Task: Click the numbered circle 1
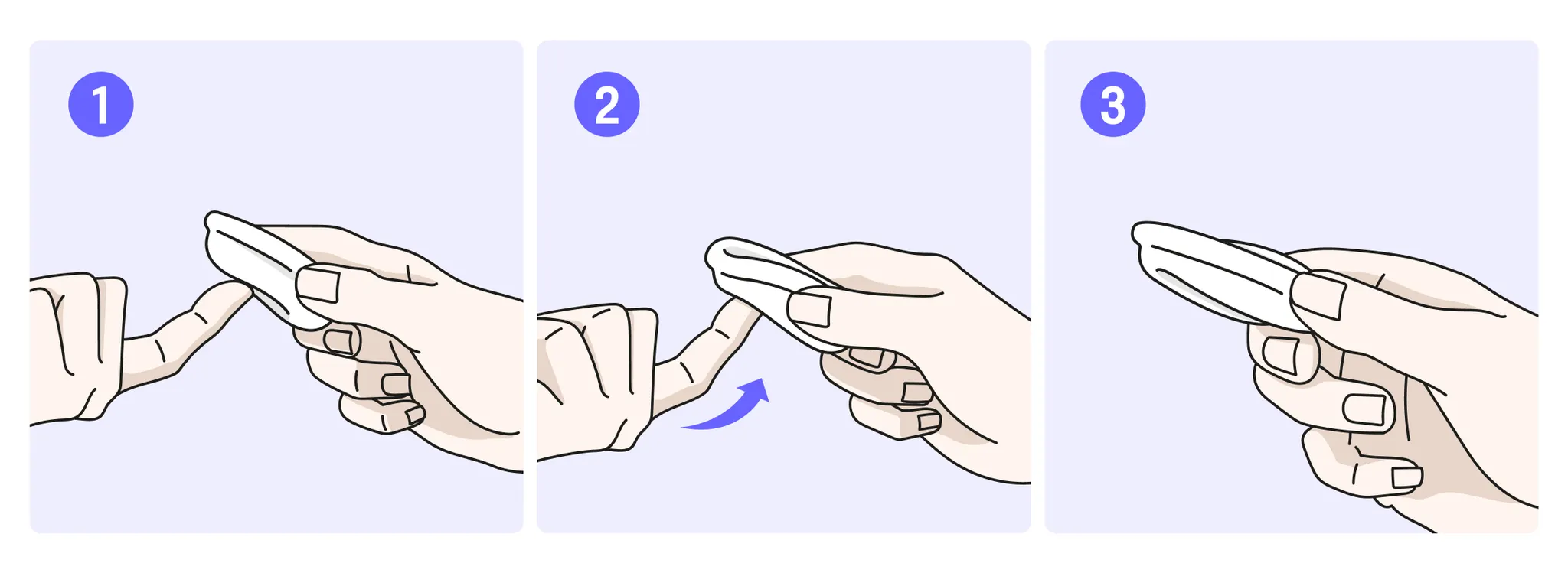click(x=101, y=105)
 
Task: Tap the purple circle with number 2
click(x=607, y=105)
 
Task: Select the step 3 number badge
click(x=1113, y=105)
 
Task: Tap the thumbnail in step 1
click(x=318, y=284)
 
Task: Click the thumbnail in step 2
click(x=810, y=308)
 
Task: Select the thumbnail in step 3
click(x=1318, y=296)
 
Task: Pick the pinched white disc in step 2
click(x=766, y=291)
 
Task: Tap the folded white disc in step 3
click(x=1217, y=272)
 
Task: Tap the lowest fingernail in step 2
click(x=929, y=421)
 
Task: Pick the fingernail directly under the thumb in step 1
click(x=341, y=340)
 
